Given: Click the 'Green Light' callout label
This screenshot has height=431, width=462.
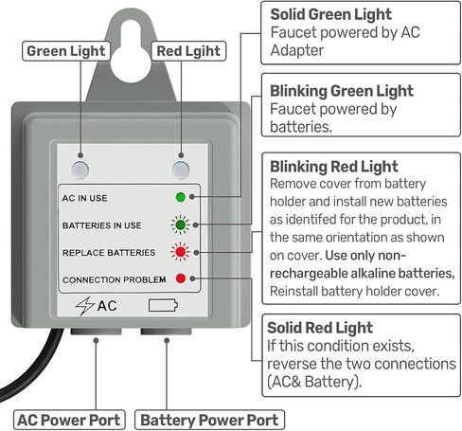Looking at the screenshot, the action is pos(66,51).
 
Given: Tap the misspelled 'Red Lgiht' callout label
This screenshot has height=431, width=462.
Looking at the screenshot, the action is pos(188,51).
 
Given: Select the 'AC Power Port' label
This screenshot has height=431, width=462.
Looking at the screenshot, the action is pos(69,421).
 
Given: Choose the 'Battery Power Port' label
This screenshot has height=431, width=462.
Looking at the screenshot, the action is pos(209,421).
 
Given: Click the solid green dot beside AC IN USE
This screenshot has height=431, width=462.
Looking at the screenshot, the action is pos(181,197).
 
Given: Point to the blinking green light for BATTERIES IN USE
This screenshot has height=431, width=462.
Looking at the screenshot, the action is pos(181,224).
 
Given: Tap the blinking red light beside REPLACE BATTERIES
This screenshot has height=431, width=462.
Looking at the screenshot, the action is pos(181,252).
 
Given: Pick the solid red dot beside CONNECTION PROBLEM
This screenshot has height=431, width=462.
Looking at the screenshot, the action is pos(181,278).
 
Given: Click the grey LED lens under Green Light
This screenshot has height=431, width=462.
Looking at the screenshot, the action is pos(80,170).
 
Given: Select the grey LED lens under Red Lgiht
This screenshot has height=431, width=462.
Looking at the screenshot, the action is pos(181,170).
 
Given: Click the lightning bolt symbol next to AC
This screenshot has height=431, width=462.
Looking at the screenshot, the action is pos(84,306).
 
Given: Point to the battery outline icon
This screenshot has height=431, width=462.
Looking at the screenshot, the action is pos(163,305).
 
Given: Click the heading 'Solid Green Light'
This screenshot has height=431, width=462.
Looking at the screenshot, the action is pos(330,14).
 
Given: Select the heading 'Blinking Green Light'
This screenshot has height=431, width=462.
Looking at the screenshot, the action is pos(342,91).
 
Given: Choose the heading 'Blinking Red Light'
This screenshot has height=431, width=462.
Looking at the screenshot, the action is pos(334,167).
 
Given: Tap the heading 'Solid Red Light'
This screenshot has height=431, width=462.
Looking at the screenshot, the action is pos(320,328).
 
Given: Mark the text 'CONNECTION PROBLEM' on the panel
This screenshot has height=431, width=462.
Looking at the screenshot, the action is pos(115,279).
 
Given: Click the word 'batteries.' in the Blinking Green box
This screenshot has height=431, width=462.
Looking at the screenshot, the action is pos(301,127).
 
